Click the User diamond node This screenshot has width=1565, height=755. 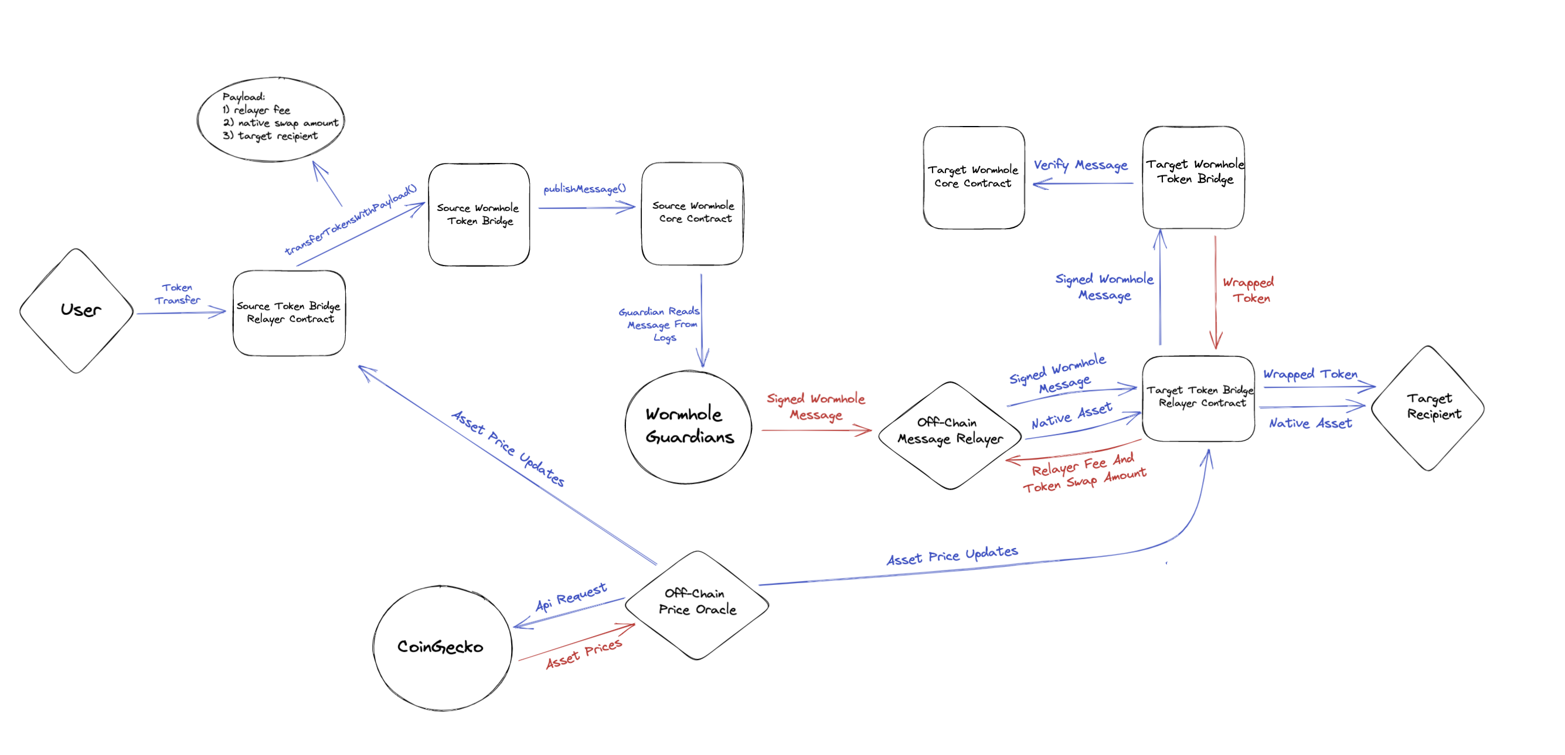coord(77,310)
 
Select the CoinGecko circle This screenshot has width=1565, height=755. coord(442,647)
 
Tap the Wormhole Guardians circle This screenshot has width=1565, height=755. coord(688,426)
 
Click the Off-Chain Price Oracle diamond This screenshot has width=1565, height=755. coord(697,604)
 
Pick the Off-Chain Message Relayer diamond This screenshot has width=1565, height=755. coord(950,434)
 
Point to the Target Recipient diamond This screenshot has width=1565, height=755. coord(1428,407)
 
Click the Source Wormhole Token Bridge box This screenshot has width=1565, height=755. coord(479,215)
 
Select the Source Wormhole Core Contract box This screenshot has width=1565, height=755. coord(693,213)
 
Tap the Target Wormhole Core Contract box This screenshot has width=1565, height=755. coord(973,178)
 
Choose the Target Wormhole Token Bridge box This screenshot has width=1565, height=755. coord(1193,178)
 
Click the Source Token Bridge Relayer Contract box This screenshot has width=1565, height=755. coord(289,313)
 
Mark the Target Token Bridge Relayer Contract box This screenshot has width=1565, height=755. coord(1198,398)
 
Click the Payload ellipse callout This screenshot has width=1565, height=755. coord(271,118)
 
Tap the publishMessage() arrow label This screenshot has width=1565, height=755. coord(584,189)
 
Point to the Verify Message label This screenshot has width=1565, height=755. coord(1080,165)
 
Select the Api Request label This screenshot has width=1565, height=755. coord(570,597)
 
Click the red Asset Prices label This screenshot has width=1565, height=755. coord(584,654)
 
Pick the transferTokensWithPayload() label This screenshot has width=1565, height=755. coord(351,219)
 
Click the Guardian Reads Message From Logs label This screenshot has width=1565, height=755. coord(660,324)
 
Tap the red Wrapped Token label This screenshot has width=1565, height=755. coord(1249,290)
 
